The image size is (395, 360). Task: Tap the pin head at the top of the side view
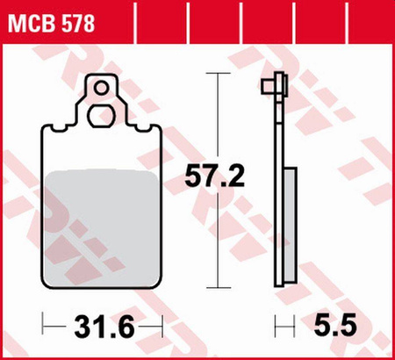pos(274,86)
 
